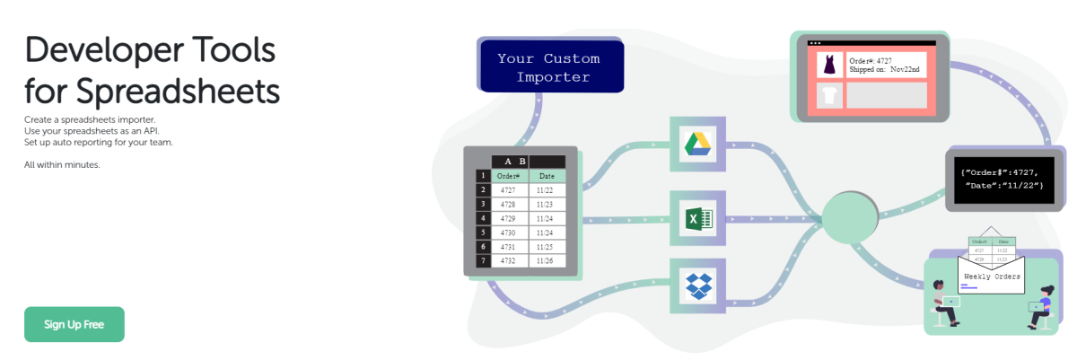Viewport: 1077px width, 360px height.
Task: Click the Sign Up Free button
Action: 74,324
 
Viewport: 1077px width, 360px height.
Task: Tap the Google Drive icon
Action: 697,144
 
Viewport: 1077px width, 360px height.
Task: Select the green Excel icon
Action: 697,218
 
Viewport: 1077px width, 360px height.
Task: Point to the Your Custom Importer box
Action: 548,67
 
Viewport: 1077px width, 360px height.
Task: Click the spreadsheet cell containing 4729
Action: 509,218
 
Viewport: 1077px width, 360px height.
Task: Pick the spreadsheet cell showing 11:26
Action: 547,260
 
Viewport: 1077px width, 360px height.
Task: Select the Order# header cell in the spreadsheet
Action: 509,176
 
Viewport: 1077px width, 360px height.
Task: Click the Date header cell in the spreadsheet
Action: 547,176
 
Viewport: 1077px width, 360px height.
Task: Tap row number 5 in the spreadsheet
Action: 482,233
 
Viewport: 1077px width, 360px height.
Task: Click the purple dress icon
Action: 829,65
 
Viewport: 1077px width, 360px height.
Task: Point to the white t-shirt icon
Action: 829,95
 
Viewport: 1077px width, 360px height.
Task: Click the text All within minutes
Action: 62,164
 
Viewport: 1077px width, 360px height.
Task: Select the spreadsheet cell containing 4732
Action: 509,260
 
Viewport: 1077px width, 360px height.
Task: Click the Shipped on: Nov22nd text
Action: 883,69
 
